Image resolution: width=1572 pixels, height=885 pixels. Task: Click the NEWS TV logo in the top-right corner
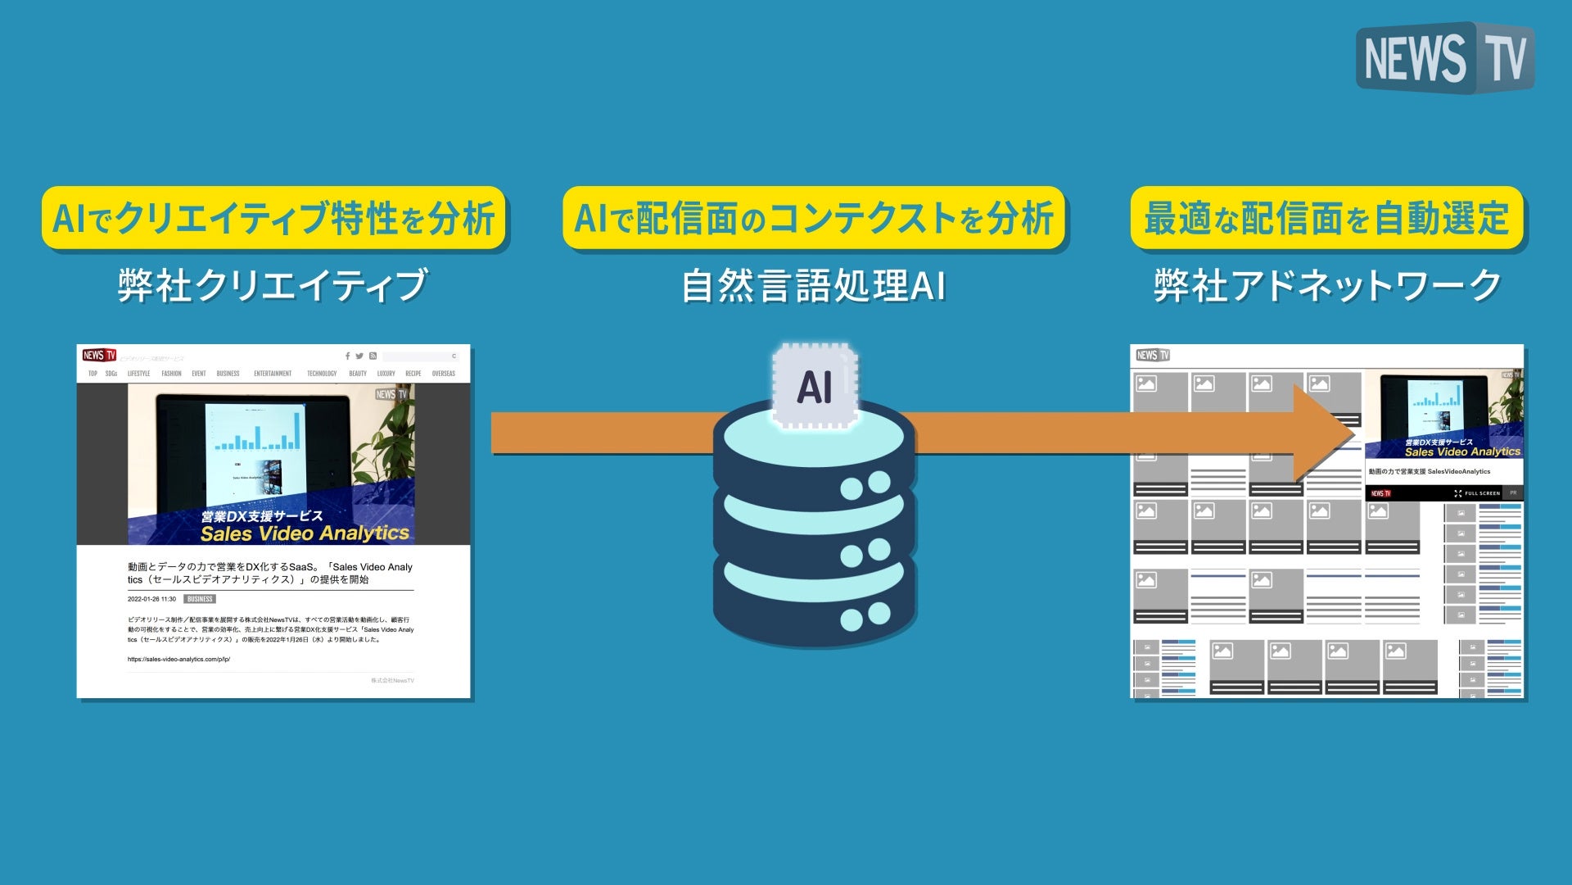pyautogui.click(x=1444, y=58)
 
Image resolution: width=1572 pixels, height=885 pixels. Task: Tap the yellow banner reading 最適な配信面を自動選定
pyautogui.click(x=1326, y=219)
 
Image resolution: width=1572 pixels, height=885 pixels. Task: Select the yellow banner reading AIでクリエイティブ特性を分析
pyautogui.click(x=273, y=219)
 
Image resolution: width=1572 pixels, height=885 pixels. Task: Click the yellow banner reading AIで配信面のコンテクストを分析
pyautogui.click(x=814, y=219)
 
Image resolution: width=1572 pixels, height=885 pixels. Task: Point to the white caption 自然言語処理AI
pyautogui.click(x=814, y=286)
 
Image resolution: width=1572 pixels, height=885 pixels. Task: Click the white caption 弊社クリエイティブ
pyautogui.click(x=273, y=286)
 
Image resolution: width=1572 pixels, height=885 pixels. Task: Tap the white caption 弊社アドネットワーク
pyautogui.click(x=1327, y=286)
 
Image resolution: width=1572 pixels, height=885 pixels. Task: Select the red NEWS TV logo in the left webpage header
pyautogui.click(x=99, y=355)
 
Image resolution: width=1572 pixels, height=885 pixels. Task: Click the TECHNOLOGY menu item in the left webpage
pyautogui.click(x=322, y=374)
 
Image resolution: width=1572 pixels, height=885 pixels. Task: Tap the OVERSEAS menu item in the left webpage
pyautogui.click(x=443, y=374)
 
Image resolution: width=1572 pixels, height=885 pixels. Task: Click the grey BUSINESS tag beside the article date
pyautogui.click(x=200, y=599)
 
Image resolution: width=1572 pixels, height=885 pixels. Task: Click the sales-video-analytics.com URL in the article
pyautogui.click(x=178, y=659)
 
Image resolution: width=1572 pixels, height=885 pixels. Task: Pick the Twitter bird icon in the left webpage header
pyautogui.click(x=359, y=356)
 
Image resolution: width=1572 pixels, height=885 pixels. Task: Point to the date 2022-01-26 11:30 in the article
pyautogui.click(x=151, y=599)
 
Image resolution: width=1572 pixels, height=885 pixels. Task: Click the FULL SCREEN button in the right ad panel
pyautogui.click(x=1478, y=493)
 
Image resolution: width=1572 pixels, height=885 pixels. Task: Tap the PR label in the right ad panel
pyautogui.click(x=1513, y=493)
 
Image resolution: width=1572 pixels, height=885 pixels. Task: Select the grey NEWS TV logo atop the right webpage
pyautogui.click(x=1153, y=355)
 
